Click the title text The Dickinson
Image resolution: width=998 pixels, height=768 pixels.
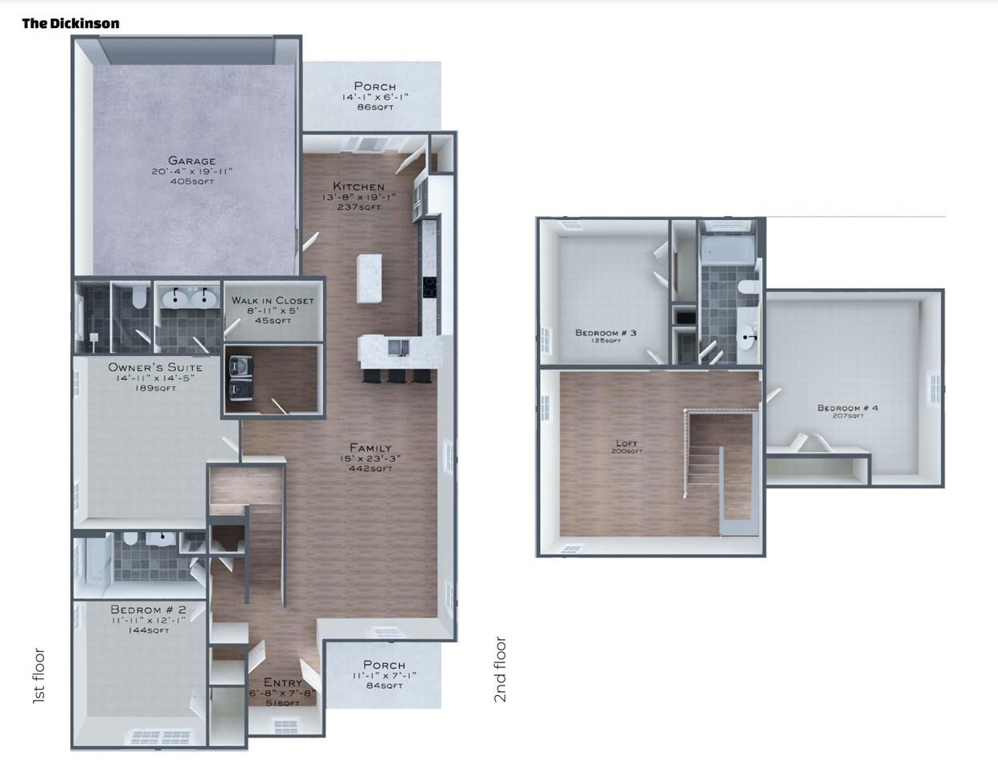click(x=70, y=23)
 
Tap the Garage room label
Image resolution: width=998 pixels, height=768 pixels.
click(x=192, y=160)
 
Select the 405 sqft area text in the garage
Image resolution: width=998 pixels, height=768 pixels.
click(x=192, y=182)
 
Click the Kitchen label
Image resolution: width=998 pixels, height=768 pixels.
click(x=359, y=186)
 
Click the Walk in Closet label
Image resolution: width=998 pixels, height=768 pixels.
click(x=273, y=301)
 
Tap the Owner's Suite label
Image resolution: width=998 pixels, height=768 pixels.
click(x=155, y=368)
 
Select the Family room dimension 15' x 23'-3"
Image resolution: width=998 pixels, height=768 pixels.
click(x=370, y=458)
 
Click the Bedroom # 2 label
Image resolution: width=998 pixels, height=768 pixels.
click(x=148, y=610)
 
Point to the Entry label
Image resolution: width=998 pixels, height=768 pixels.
click(x=283, y=682)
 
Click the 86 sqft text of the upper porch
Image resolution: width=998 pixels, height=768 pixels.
click(x=375, y=107)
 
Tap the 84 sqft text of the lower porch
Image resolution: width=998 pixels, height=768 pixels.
click(x=385, y=686)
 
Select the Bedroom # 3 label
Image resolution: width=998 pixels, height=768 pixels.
click(x=605, y=332)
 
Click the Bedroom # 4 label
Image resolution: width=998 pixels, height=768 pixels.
click(x=848, y=408)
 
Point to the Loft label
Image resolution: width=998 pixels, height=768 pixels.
click(x=627, y=443)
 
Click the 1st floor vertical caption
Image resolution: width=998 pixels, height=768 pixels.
click(x=39, y=676)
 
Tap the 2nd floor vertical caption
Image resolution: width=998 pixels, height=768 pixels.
click(x=500, y=670)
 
